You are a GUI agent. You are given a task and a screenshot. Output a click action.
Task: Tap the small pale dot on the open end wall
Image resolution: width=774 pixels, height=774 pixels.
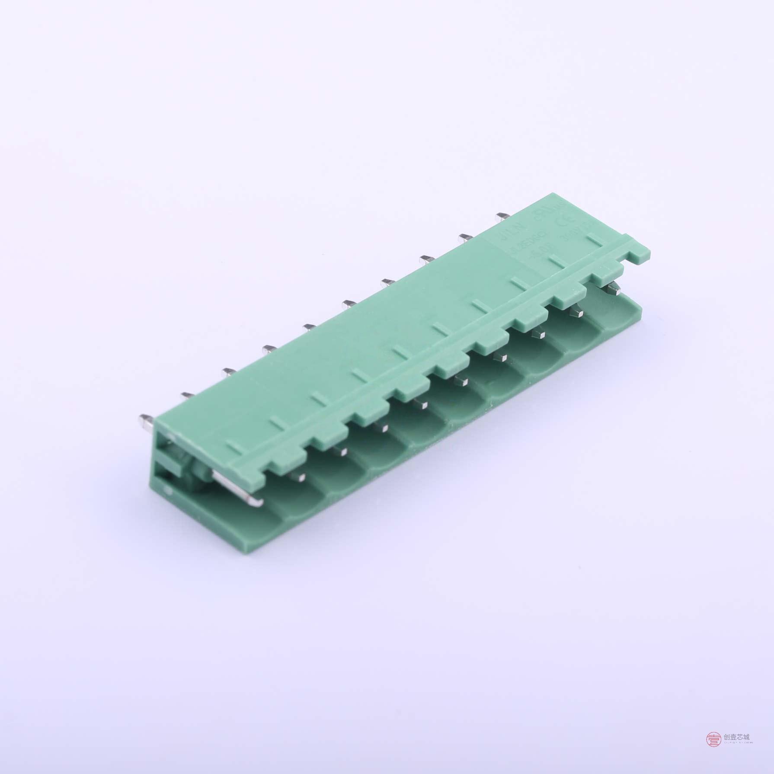coord(167,489)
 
